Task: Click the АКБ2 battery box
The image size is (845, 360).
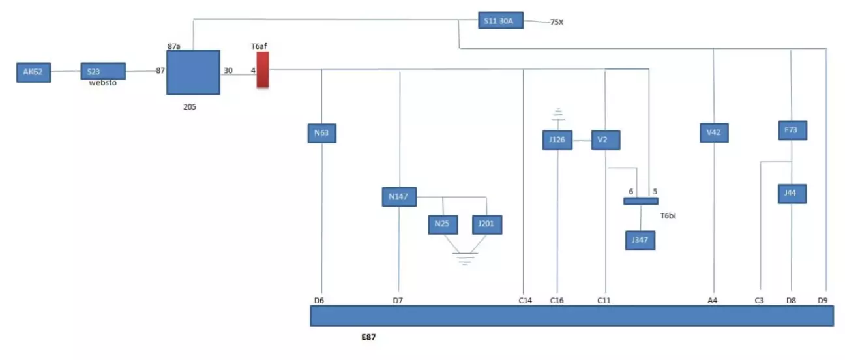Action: tap(33, 72)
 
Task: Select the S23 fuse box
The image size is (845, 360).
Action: tap(102, 71)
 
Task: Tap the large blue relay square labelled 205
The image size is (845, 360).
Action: tap(193, 72)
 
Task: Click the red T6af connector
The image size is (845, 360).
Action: tap(262, 70)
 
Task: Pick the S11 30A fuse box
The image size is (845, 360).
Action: tap(501, 21)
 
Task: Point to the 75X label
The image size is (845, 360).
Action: tap(557, 22)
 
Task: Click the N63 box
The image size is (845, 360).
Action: tap(321, 134)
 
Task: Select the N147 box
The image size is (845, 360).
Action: tap(399, 196)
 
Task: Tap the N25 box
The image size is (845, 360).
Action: tap(442, 224)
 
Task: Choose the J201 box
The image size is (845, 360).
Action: tap(486, 224)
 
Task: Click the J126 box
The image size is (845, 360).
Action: tap(557, 140)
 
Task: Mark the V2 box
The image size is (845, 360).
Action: tap(605, 140)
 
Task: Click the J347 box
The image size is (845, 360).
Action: tap(640, 240)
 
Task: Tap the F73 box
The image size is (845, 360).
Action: tap(792, 130)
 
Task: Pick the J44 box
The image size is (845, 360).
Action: tap(792, 194)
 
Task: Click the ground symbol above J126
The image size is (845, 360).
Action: tap(557, 114)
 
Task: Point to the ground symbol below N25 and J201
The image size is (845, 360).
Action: tap(464, 258)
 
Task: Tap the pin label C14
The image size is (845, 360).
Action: tap(525, 301)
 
